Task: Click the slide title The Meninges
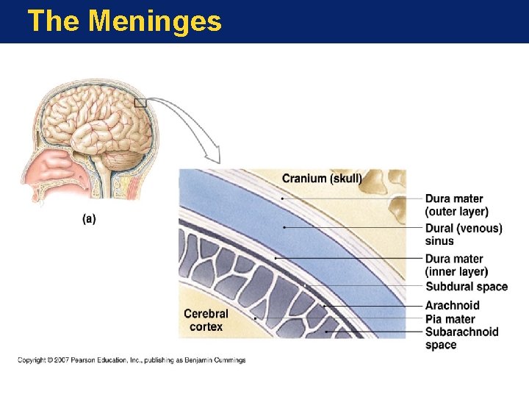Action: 124,21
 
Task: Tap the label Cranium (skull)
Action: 322,179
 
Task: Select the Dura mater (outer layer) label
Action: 456,205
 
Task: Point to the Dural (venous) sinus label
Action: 464,235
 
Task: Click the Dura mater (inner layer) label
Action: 456,265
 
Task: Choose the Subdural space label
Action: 467,287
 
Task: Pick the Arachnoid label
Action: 452,305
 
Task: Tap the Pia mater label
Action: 450,319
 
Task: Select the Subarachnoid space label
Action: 461,338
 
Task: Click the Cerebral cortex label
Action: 206,320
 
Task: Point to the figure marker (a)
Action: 89,219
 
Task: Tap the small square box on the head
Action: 140,103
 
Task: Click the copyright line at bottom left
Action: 132,360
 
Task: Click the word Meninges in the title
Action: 154,21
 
